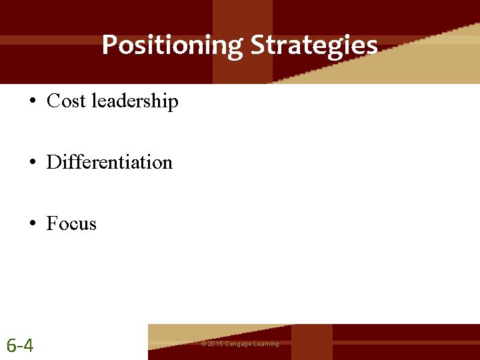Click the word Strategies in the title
(x=314, y=45)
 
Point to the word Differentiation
(x=109, y=162)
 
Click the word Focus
(x=71, y=223)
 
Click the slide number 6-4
(x=20, y=345)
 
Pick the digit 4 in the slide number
(x=29, y=345)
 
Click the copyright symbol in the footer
(x=203, y=344)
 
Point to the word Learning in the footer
(x=266, y=344)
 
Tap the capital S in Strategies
(x=257, y=45)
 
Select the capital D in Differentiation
(x=53, y=162)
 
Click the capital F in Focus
(x=51, y=223)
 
